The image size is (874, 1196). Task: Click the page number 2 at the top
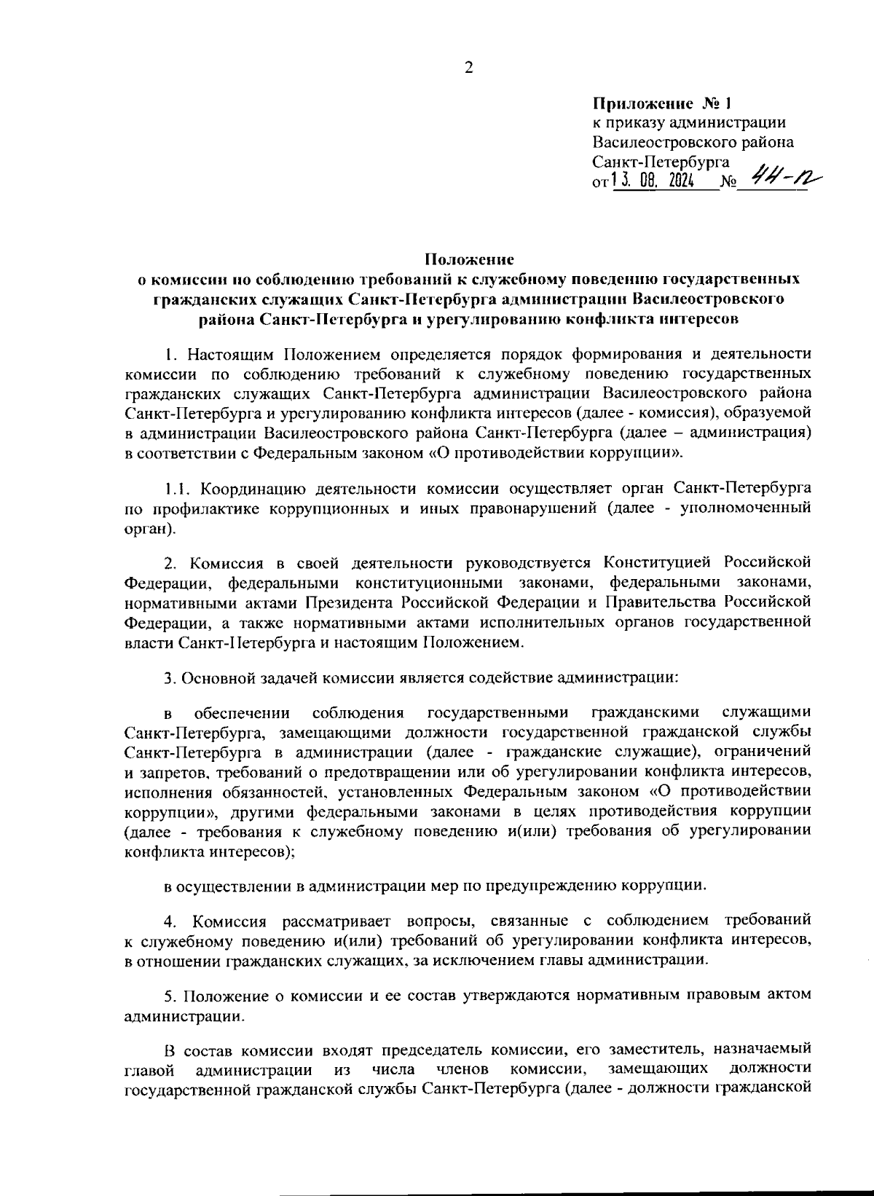(x=468, y=68)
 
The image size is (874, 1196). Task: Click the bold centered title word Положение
(x=470, y=259)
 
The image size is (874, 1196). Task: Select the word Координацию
(x=245, y=487)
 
